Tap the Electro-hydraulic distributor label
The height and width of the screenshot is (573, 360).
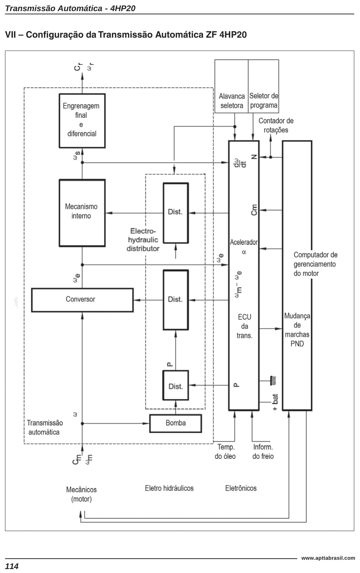click(143, 240)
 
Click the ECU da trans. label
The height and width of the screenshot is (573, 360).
click(244, 326)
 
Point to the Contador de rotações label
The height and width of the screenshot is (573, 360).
click(276, 126)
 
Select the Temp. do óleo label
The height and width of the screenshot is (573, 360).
click(225, 451)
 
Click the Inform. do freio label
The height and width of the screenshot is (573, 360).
click(263, 451)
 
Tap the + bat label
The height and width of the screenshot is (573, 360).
click(275, 402)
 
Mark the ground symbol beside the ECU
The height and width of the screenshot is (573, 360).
click(273, 381)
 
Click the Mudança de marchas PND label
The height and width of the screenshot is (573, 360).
click(297, 330)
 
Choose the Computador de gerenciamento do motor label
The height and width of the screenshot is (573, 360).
click(316, 264)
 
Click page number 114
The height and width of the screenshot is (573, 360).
click(12, 566)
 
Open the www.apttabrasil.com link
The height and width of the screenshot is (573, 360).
click(328, 558)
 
